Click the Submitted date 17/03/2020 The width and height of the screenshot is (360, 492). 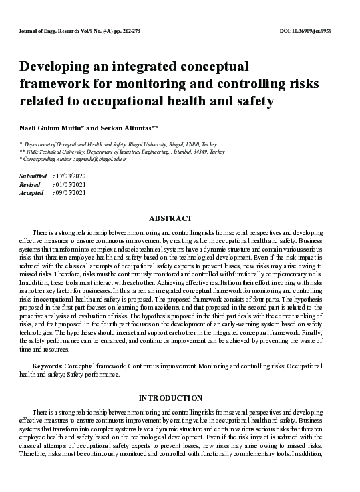71,176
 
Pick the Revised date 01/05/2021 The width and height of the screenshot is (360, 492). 71,184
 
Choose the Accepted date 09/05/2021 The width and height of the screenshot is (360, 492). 71,192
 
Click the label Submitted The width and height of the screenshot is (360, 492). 33,176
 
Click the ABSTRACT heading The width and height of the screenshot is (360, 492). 170,218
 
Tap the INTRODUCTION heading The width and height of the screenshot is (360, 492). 170,398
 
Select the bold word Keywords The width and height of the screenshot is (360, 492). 47,366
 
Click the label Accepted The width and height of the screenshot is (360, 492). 33,192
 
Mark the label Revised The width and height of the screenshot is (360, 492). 31,184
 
